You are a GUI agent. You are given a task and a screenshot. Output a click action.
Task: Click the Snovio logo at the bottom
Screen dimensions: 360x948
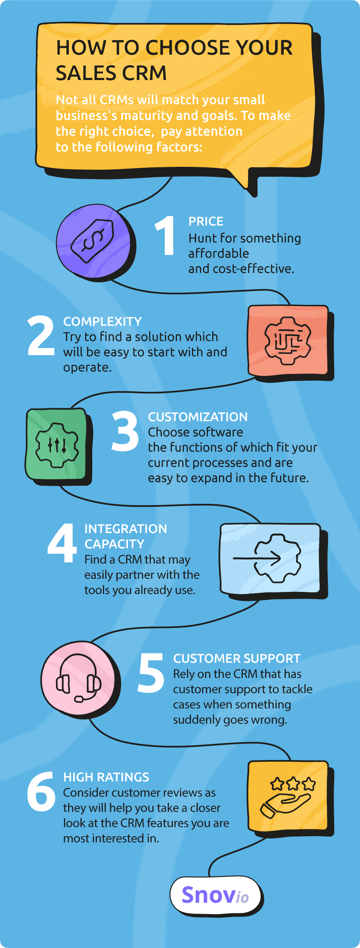click(x=215, y=895)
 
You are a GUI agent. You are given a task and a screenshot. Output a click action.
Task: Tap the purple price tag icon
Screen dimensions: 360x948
click(x=93, y=240)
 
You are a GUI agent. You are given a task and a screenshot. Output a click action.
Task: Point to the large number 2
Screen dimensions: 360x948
click(x=41, y=335)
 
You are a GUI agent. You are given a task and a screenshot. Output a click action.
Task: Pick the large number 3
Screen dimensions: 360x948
click(x=125, y=431)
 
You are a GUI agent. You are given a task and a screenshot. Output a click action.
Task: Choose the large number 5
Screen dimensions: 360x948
click(x=151, y=673)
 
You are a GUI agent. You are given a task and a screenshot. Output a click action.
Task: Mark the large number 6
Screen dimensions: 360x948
click(x=41, y=791)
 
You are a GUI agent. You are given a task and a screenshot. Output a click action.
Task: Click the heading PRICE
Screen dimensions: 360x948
click(x=206, y=221)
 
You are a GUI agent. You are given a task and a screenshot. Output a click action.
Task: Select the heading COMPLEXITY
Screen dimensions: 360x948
click(x=102, y=322)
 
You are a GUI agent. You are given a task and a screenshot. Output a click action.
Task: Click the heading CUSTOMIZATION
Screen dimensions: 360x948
click(x=198, y=417)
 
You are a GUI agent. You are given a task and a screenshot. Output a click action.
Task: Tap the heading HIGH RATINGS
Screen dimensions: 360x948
click(x=106, y=777)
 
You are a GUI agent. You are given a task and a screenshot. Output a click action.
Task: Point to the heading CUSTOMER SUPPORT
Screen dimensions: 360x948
click(x=237, y=659)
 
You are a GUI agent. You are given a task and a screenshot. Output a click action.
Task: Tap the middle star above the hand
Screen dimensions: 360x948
click(x=293, y=784)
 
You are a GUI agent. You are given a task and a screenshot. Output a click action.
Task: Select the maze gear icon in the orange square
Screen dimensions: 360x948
click(x=288, y=341)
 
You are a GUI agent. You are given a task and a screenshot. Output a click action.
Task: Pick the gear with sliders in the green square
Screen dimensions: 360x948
click(x=57, y=445)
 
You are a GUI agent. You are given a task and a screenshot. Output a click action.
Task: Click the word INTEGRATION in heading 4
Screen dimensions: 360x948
click(x=126, y=529)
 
